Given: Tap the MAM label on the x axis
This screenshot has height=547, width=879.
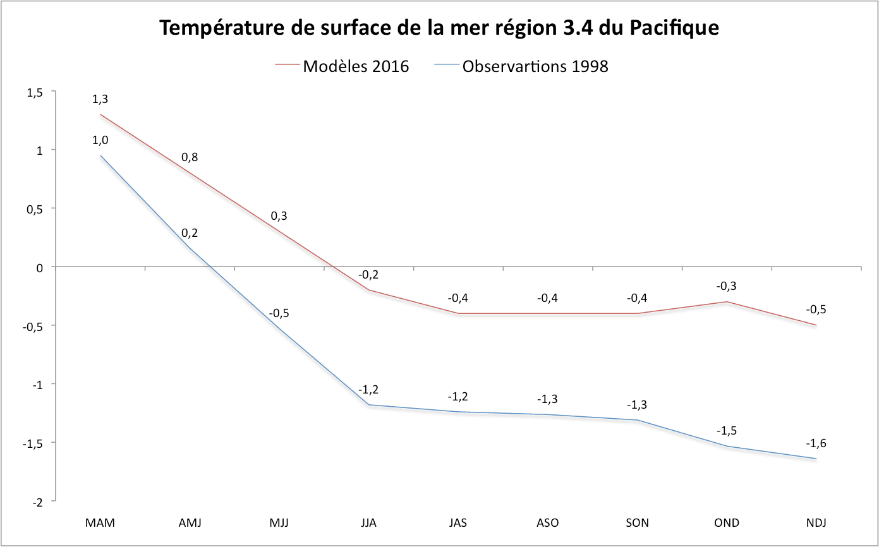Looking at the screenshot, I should tap(100, 523).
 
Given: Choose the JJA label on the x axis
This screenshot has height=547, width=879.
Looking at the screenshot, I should tap(368, 523).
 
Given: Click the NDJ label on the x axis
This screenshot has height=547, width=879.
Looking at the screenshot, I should tap(816, 523).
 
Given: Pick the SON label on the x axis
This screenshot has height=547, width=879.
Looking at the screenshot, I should tap(637, 523).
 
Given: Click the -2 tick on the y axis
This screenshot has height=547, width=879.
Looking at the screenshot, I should tap(39, 501).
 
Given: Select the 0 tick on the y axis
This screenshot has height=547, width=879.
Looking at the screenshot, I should tap(42, 267).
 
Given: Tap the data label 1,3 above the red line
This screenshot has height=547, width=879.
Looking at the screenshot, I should tap(100, 99).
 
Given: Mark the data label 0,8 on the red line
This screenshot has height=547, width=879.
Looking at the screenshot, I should tap(190, 157).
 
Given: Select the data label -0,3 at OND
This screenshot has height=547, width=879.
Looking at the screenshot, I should tap(726, 286).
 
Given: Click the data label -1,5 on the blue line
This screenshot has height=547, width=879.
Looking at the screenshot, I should tap(726, 431).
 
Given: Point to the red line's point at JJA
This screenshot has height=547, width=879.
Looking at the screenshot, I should tap(368, 290).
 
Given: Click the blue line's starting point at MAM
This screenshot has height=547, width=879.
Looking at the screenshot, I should tap(100, 155).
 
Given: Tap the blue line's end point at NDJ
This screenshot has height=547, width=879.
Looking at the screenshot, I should tap(816, 459).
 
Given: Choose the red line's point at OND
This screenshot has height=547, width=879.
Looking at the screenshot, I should tap(726, 302).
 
